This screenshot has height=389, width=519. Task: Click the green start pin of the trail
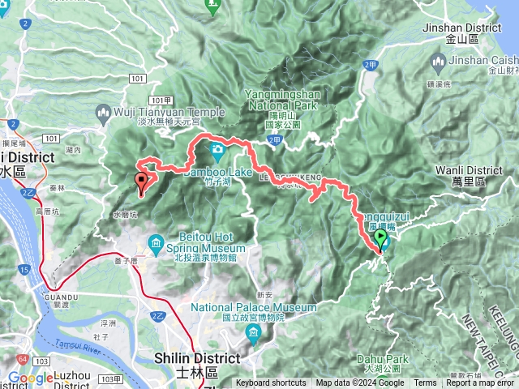coord(381,238)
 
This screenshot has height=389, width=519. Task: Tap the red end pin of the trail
coord(142,181)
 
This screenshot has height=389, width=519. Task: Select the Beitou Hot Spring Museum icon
coord(157,241)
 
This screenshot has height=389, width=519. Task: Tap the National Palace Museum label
coord(254,308)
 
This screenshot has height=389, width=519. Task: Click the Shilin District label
coord(196,357)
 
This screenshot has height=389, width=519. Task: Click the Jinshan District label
coord(462,27)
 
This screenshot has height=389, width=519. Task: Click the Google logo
coord(30,378)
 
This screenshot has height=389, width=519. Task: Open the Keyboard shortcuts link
coord(271,383)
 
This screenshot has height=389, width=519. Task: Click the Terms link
coord(425,383)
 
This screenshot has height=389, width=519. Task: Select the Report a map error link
coord(480,383)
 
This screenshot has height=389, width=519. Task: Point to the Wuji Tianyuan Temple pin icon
coord(103,112)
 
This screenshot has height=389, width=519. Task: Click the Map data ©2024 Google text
coord(360,383)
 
